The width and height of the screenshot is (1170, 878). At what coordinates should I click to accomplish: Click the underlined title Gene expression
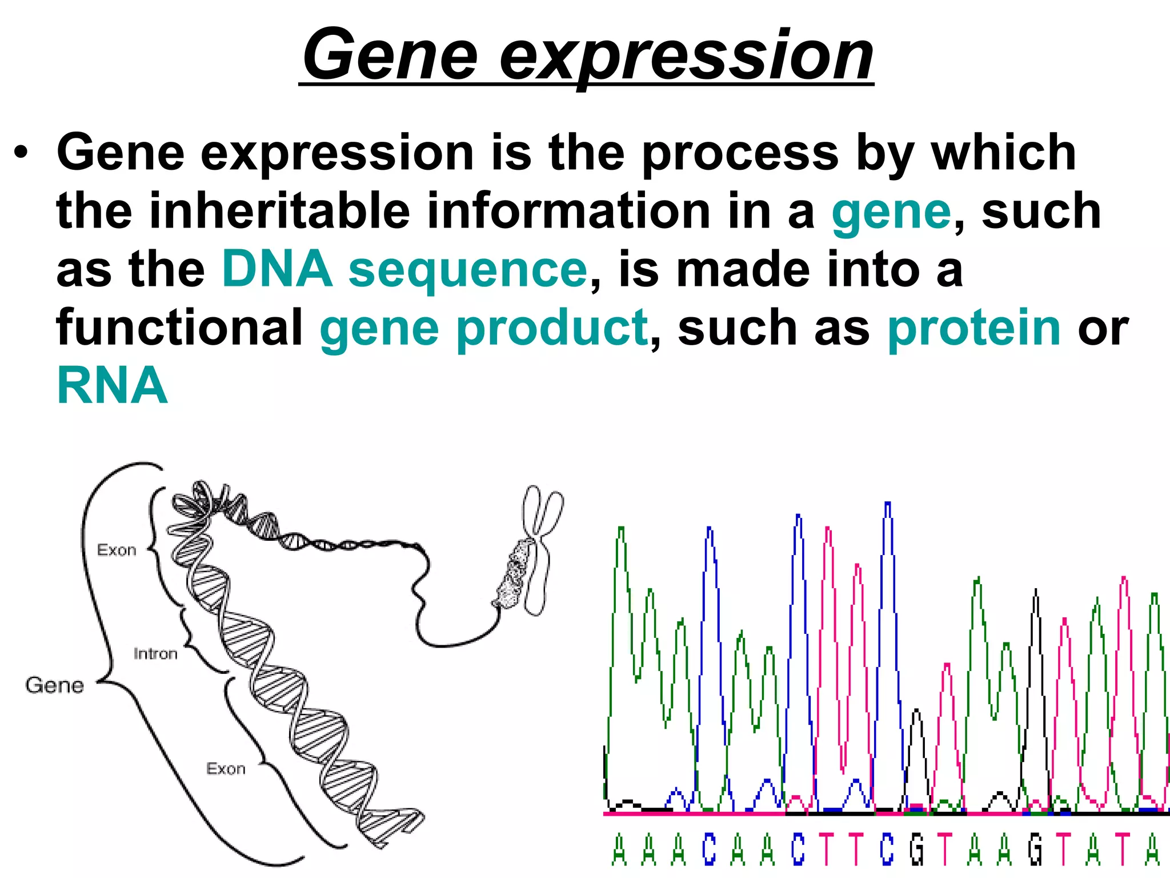click(587, 55)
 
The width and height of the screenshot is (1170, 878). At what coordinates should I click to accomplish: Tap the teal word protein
click(973, 328)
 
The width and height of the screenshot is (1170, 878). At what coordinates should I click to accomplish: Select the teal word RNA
click(113, 386)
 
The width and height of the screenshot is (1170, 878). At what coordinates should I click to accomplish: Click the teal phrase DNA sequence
click(404, 269)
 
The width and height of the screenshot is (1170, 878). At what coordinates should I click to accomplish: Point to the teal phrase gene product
click(484, 328)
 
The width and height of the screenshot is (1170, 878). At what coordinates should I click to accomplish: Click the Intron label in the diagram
click(155, 654)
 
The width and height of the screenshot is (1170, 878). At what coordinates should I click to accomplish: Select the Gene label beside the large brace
click(55, 685)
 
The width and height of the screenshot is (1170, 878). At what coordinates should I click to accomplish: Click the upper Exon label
click(117, 550)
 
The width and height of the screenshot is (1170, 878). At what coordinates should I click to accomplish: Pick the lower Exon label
click(226, 769)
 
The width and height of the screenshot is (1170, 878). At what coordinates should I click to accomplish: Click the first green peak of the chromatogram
click(621, 532)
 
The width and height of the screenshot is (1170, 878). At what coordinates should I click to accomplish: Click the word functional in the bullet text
click(179, 328)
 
